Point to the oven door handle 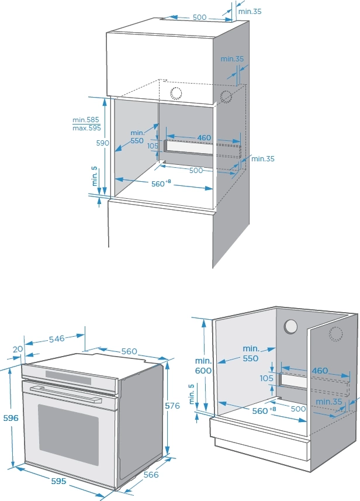pyautogui.click(x=64, y=392)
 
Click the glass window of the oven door pyautogui.click(x=69, y=432)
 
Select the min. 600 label pyautogui.click(x=203, y=365)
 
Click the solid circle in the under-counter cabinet pyautogui.click(x=290, y=328)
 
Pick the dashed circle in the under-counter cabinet pyautogui.click(x=335, y=334)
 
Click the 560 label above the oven pyautogui.click(x=129, y=351)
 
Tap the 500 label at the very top pyautogui.click(x=199, y=18)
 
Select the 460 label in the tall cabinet pyautogui.click(x=204, y=138)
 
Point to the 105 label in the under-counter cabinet pyautogui.click(x=267, y=378)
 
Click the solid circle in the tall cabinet pyautogui.click(x=175, y=92)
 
